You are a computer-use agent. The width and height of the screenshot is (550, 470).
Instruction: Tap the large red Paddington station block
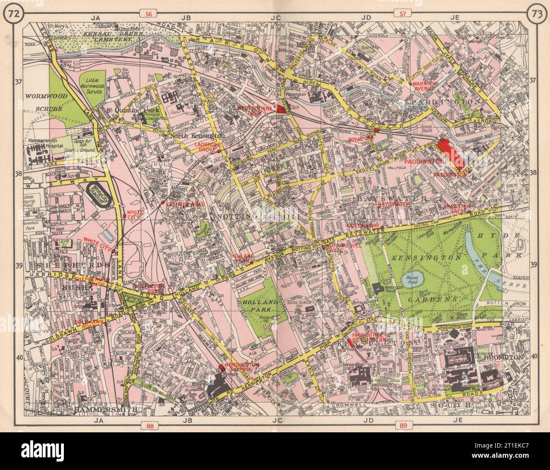point(451,154)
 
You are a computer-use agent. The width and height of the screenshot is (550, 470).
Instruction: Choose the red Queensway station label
point(360,226)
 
